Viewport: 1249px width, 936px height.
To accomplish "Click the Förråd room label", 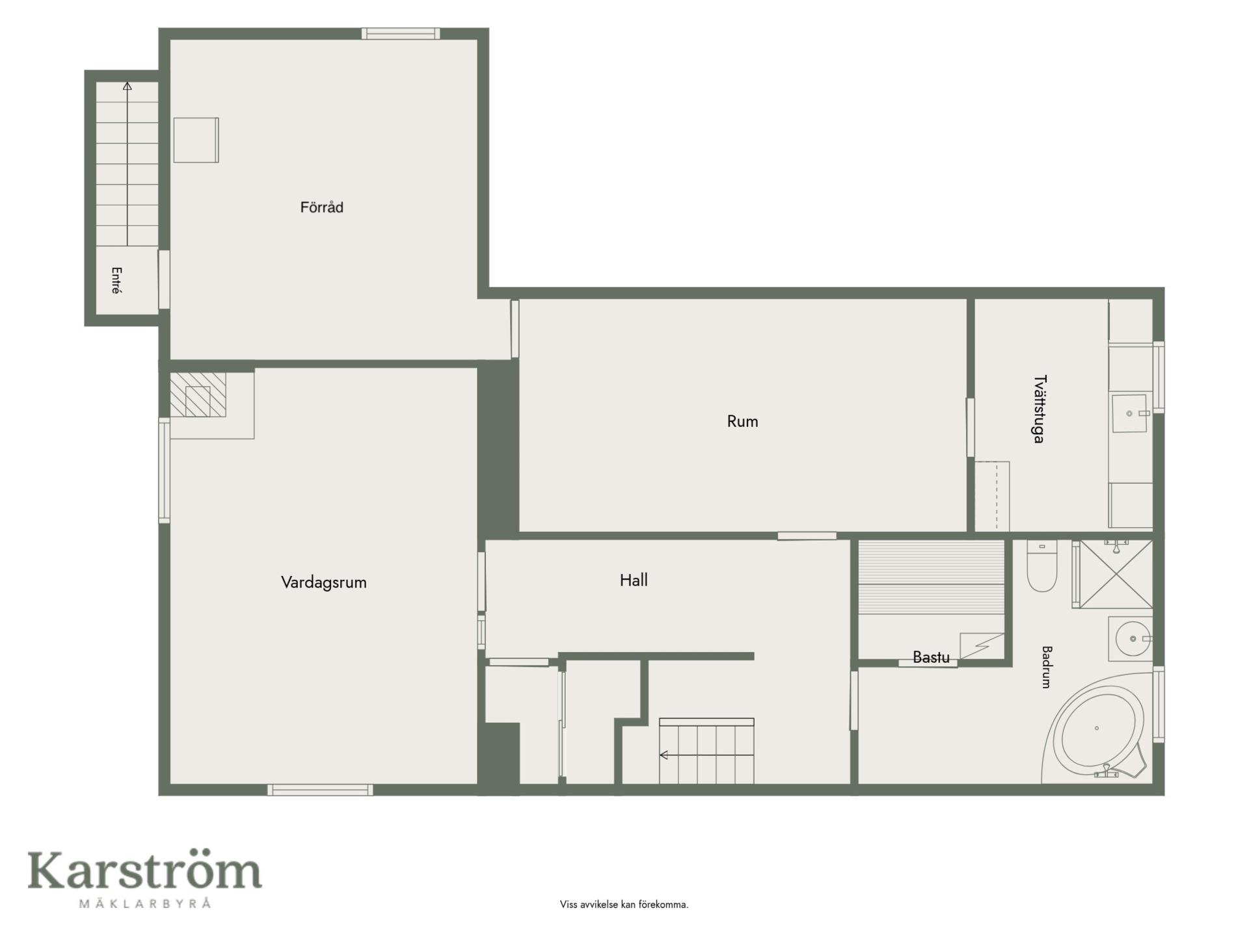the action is pyautogui.click(x=321, y=207).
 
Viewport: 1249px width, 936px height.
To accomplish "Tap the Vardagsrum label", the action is pyautogui.click(x=323, y=582).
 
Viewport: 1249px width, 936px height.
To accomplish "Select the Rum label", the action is pyautogui.click(x=742, y=421).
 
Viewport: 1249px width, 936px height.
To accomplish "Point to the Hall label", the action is pyautogui.click(x=634, y=580).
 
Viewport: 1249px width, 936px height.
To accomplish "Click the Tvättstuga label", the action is pyautogui.click(x=1039, y=409).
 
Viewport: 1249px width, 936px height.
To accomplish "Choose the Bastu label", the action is pyautogui.click(x=931, y=657).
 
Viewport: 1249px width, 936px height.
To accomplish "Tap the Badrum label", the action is pyautogui.click(x=1047, y=667).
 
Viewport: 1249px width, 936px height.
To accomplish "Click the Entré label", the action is pyautogui.click(x=116, y=281).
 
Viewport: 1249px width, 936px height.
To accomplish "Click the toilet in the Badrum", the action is pyautogui.click(x=1041, y=566).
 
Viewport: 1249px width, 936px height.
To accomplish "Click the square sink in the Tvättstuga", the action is pyautogui.click(x=1129, y=413).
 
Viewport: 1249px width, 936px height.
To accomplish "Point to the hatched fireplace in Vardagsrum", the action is pyautogui.click(x=198, y=395).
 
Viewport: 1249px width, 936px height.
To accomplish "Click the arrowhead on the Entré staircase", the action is pyautogui.click(x=128, y=86).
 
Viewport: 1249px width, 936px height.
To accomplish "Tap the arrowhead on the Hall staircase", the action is pyautogui.click(x=664, y=755).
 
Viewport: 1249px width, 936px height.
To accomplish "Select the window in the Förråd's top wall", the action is pyautogui.click(x=401, y=34).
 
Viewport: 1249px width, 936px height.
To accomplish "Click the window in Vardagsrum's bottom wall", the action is pyautogui.click(x=320, y=790).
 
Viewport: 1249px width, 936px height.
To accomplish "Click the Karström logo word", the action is pyautogui.click(x=144, y=870).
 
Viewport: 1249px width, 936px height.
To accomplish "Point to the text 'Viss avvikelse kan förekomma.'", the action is pyautogui.click(x=624, y=904).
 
